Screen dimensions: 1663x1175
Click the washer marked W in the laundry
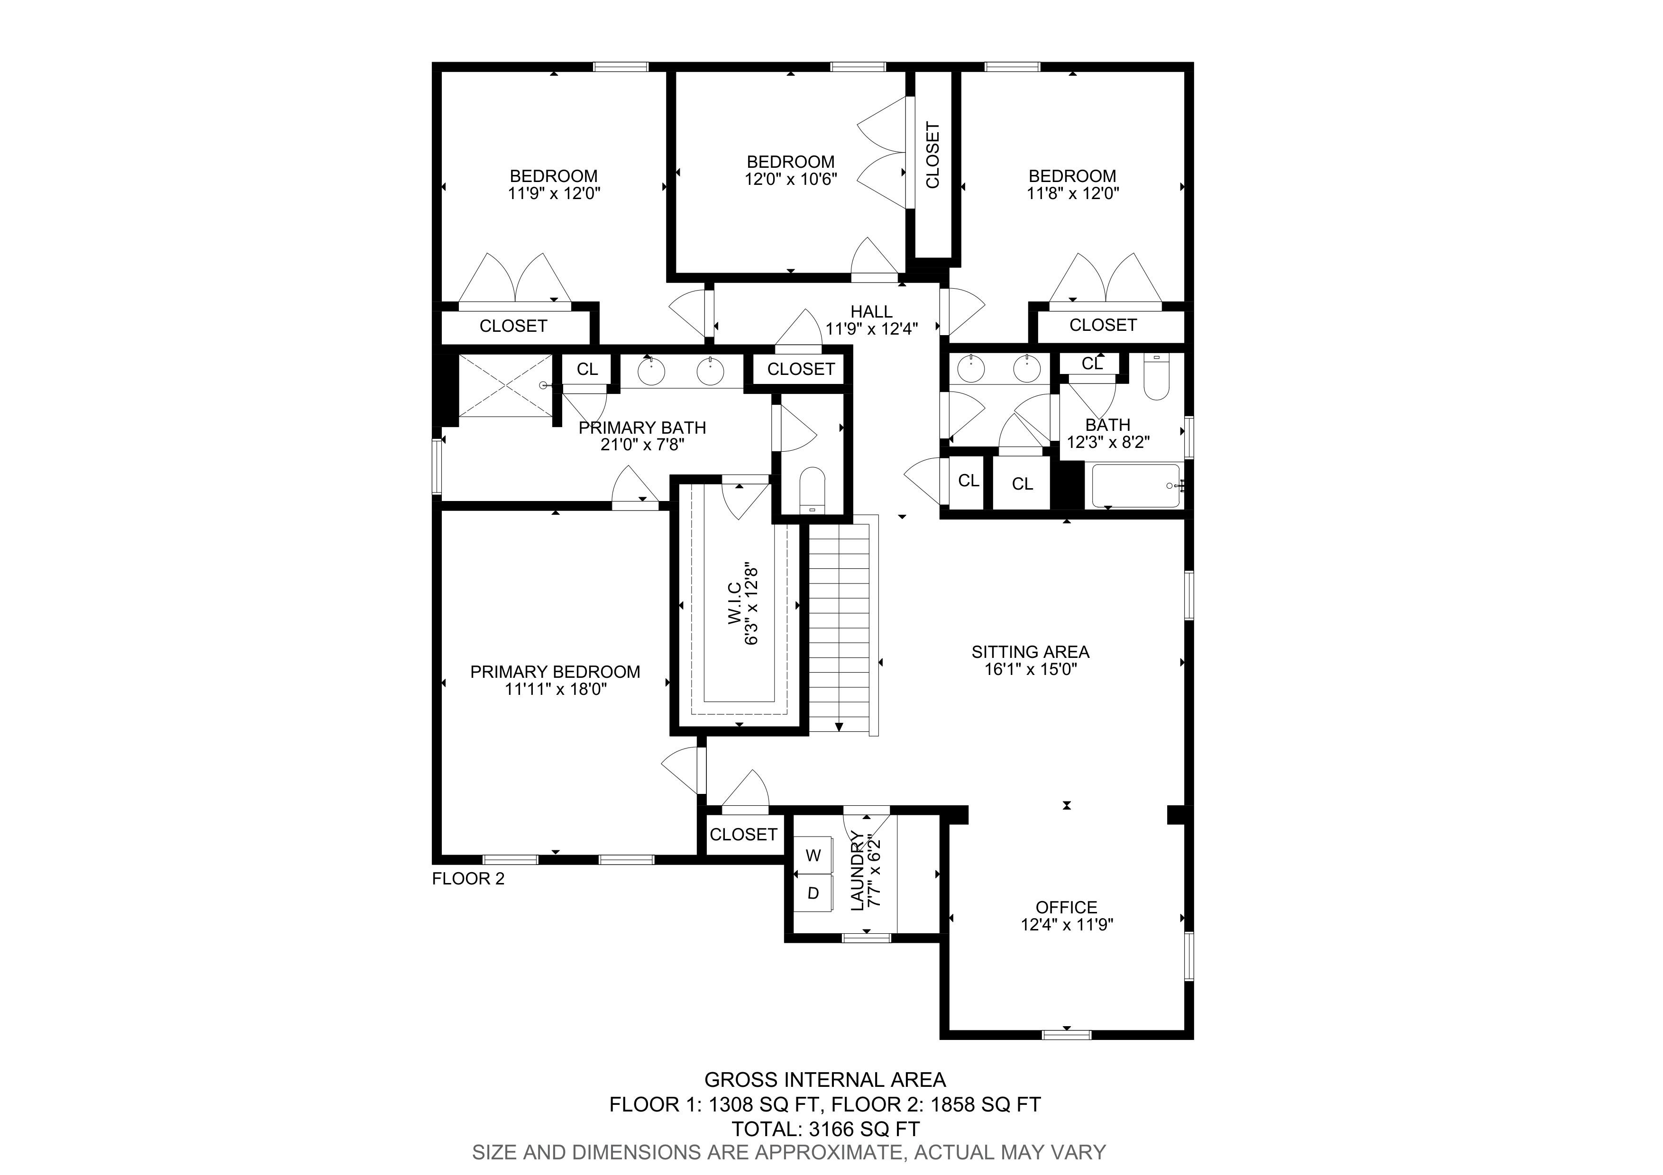(x=813, y=855)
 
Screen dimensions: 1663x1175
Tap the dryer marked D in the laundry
(x=813, y=893)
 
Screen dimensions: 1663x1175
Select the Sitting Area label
(x=1030, y=652)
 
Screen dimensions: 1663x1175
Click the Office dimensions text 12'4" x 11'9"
(x=1067, y=925)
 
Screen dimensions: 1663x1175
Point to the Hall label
(x=871, y=311)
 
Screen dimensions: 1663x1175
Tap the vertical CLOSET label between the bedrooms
(x=933, y=155)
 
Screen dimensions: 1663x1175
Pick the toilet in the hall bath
(x=1157, y=376)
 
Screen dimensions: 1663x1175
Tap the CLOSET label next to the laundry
(x=743, y=834)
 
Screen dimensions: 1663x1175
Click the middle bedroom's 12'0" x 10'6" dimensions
(x=791, y=178)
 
